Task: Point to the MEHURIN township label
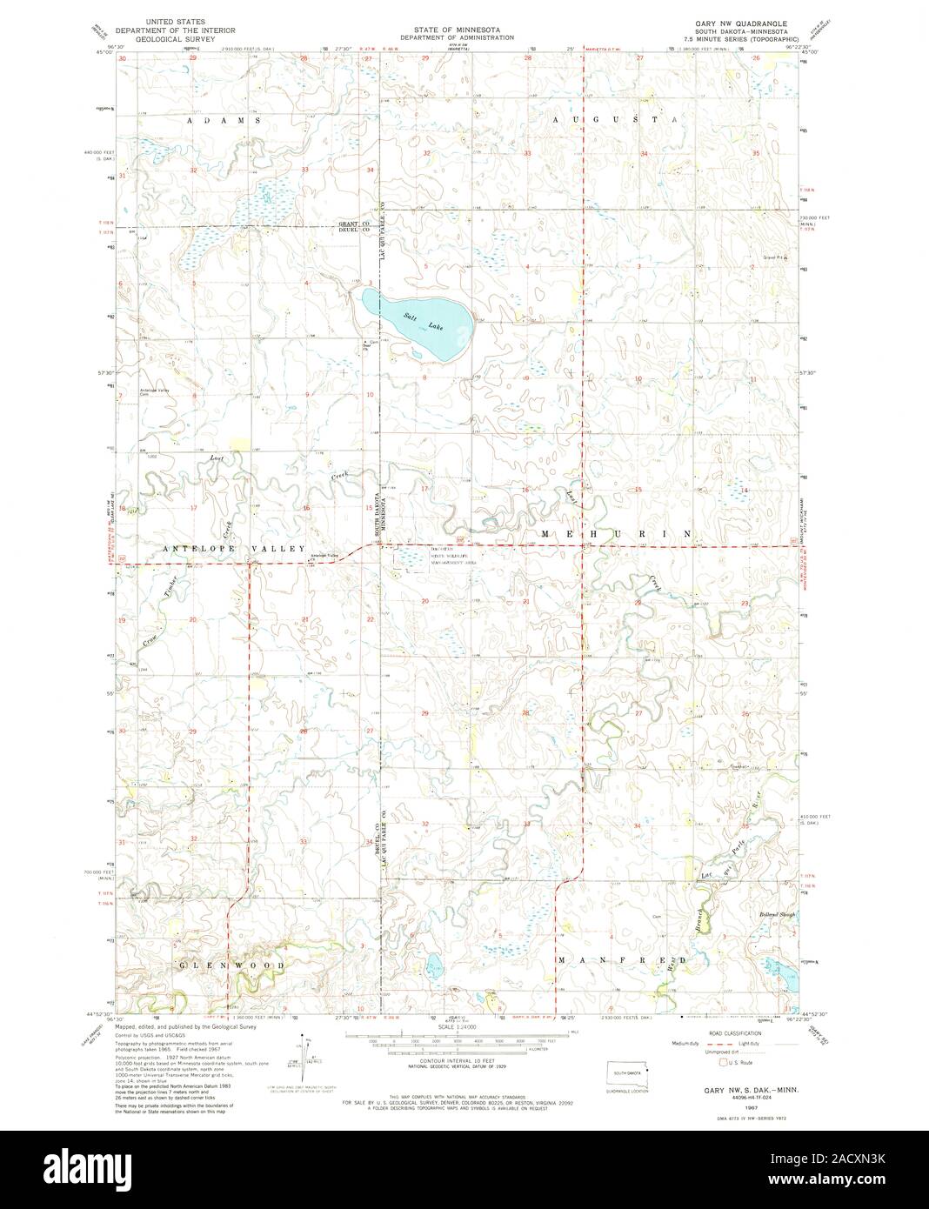tap(617, 532)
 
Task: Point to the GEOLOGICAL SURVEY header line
tap(170, 38)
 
